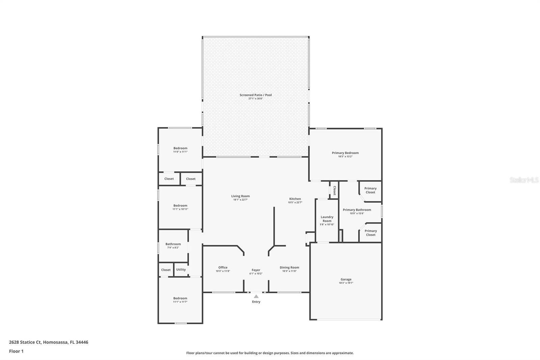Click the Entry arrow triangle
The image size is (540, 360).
[256, 297]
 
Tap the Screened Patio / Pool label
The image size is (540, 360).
[255, 95]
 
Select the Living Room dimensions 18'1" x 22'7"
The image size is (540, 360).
[240, 200]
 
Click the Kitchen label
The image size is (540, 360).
[295, 199]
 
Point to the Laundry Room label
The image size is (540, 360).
[327, 219]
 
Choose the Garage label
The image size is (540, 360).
[346, 279]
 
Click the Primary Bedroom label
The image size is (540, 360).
[345, 153]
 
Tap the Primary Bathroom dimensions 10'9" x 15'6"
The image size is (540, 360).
[357, 213]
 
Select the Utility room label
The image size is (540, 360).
[181, 269]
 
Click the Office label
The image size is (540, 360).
[223, 267]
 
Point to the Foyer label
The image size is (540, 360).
[256, 270]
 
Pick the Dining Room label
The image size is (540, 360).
[289, 267]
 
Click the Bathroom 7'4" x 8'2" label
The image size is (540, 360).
[173, 244]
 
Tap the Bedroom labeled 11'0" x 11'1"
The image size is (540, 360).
[180, 148]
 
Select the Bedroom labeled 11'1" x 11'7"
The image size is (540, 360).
[180, 298]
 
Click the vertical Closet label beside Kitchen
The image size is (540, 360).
[334, 190]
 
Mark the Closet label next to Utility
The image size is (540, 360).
[166, 270]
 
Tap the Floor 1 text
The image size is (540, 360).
[16, 351]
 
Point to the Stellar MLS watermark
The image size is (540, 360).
[524, 180]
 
